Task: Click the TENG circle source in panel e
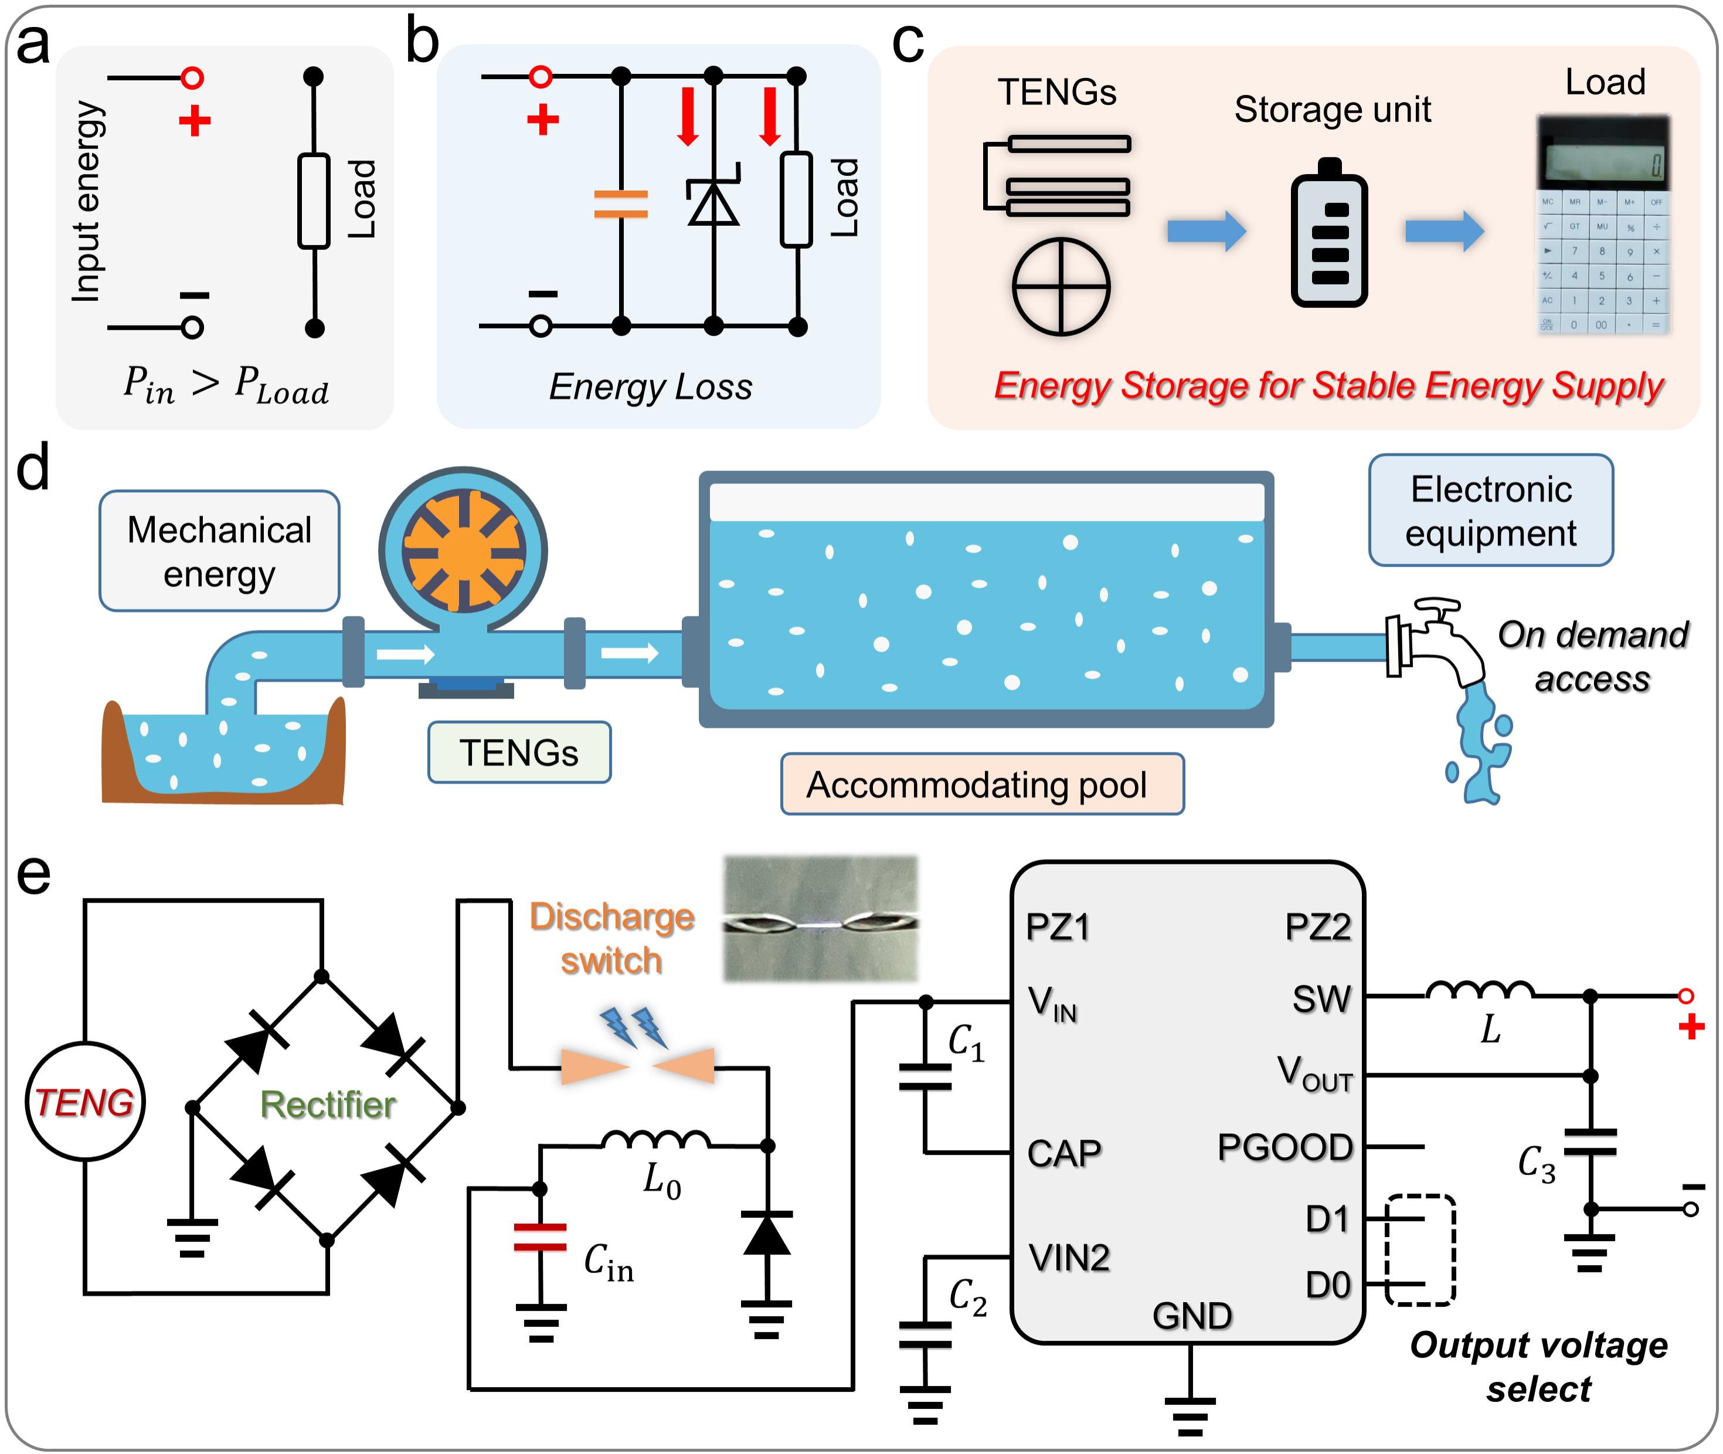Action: coord(85,1101)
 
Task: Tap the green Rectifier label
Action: coord(327,1104)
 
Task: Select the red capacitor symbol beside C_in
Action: coord(540,1236)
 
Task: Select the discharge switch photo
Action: coord(820,919)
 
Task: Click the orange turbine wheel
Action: coord(463,551)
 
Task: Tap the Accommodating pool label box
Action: coord(981,784)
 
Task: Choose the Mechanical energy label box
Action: coord(219,551)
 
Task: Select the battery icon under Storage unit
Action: coord(1329,234)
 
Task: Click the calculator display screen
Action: coord(1603,161)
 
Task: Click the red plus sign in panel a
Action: coord(195,121)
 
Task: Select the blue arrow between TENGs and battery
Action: coord(1207,231)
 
